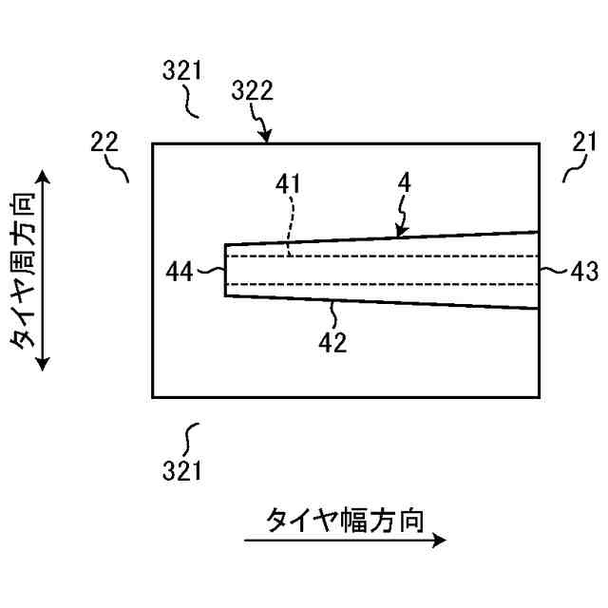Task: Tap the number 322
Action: pyautogui.click(x=252, y=91)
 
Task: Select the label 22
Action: pyautogui.click(x=104, y=142)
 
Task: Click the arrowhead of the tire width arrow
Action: pyautogui.click(x=440, y=541)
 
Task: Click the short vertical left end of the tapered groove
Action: pyautogui.click(x=225, y=271)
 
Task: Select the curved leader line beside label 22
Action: pyautogui.click(x=121, y=167)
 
